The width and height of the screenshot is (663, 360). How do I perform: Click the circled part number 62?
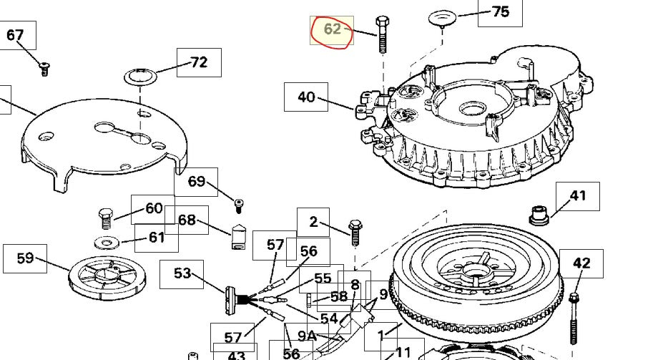(x=332, y=29)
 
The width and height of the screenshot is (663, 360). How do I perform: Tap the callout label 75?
(x=501, y=12)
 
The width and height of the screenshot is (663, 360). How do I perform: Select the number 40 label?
(x=306, y=97)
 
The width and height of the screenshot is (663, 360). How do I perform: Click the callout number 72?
(x=199, y=62)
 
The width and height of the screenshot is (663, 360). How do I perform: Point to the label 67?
(x=15, y=34)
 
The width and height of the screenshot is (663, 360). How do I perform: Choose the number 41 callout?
(x=578, y=196)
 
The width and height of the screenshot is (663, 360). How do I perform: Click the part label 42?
(x=581, y=263)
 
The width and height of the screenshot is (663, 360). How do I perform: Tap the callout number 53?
(x=182, y=273)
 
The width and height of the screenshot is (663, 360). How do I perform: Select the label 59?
(x=25, y=258)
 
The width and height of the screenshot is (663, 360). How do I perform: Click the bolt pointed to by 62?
(x=383, y=34)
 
